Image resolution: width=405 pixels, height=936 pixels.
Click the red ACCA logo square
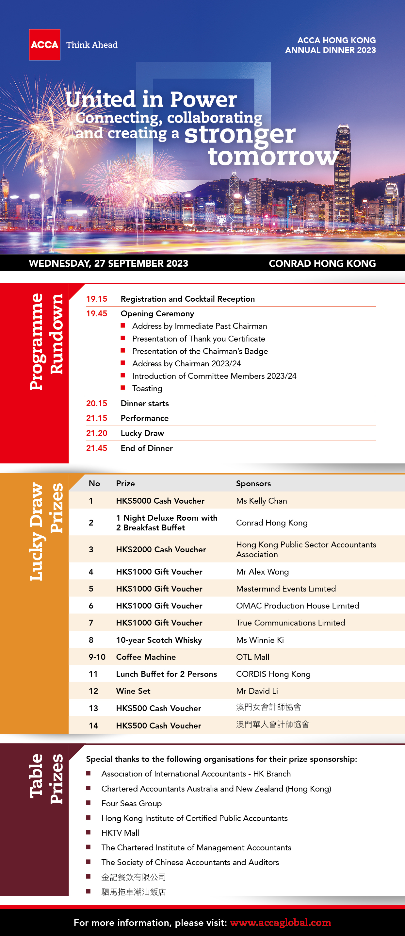pyautogui.click(x=44, y=45)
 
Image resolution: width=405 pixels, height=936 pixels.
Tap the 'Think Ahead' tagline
pyautogui.click(x=92, y=45)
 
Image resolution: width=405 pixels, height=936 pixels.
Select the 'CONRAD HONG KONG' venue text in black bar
pyautogui.click(x=322, y=263)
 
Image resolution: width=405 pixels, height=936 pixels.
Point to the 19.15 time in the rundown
pyautogui.click(x=97, y=299)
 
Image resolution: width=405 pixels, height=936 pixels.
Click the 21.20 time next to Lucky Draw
pyautogui.click(x=97, y=433)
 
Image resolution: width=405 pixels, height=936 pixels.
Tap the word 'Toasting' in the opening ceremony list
pyautogui.click(x=147, y=389)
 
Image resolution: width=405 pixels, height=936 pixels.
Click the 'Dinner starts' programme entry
pyautogui.click(x=145, y=403)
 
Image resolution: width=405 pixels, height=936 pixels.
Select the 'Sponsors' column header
pyautogui.click(x=253, y=483)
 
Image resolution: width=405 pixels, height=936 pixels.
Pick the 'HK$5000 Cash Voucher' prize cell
pyautogui.click(x=160, y=501)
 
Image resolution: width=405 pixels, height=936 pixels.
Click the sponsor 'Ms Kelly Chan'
pyautogui.click(x=261, y=501)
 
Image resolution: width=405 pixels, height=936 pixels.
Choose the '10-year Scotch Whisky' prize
pyautogui.click(x=159, y=640)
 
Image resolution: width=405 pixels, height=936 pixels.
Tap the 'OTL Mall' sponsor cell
pyautogui.click(x=252, y=657)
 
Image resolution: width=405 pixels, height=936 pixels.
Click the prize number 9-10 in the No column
pyautogui.click(x=97, y=657)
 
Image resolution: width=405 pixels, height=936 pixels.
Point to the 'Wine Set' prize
pyautogui.click(x=133, y=691)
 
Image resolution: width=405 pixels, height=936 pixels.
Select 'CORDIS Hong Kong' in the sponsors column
pyautogui.click(x=273, y=674)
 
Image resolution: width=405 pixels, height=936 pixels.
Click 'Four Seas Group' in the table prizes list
pyautogui.click(x=132, y=803)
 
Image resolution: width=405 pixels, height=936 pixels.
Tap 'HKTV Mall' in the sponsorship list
pyautogui.click(x=120, y=833)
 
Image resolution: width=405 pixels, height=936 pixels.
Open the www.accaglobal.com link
pyautogui.click(x=280, y=923)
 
